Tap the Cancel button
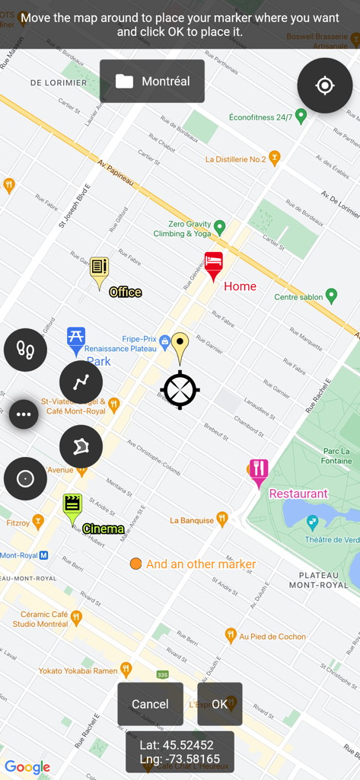coord(150,704)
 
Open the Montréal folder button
coord(152,81)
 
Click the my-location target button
coord(325,85)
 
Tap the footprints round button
coord(25,350)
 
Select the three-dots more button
coord(24,414)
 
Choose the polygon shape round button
coord(81,446)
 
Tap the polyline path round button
coord(81,382)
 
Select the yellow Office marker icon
coord(99,268)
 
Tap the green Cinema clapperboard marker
coord(72,505)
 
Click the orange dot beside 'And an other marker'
coord(135,564)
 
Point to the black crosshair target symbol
coord(180,390)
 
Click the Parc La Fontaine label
coord(336,456)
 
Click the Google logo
coord(27,767)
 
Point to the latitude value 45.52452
coord(187,744)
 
